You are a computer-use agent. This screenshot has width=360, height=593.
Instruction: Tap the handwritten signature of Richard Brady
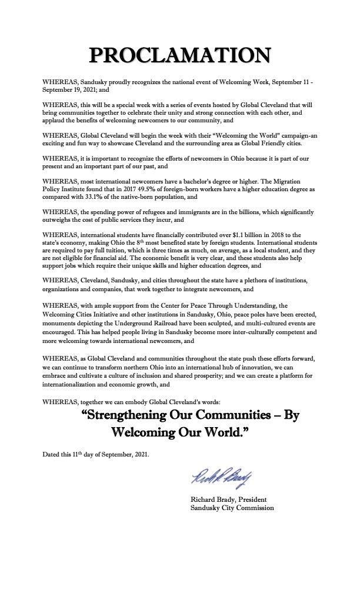[x=216, y=474]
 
